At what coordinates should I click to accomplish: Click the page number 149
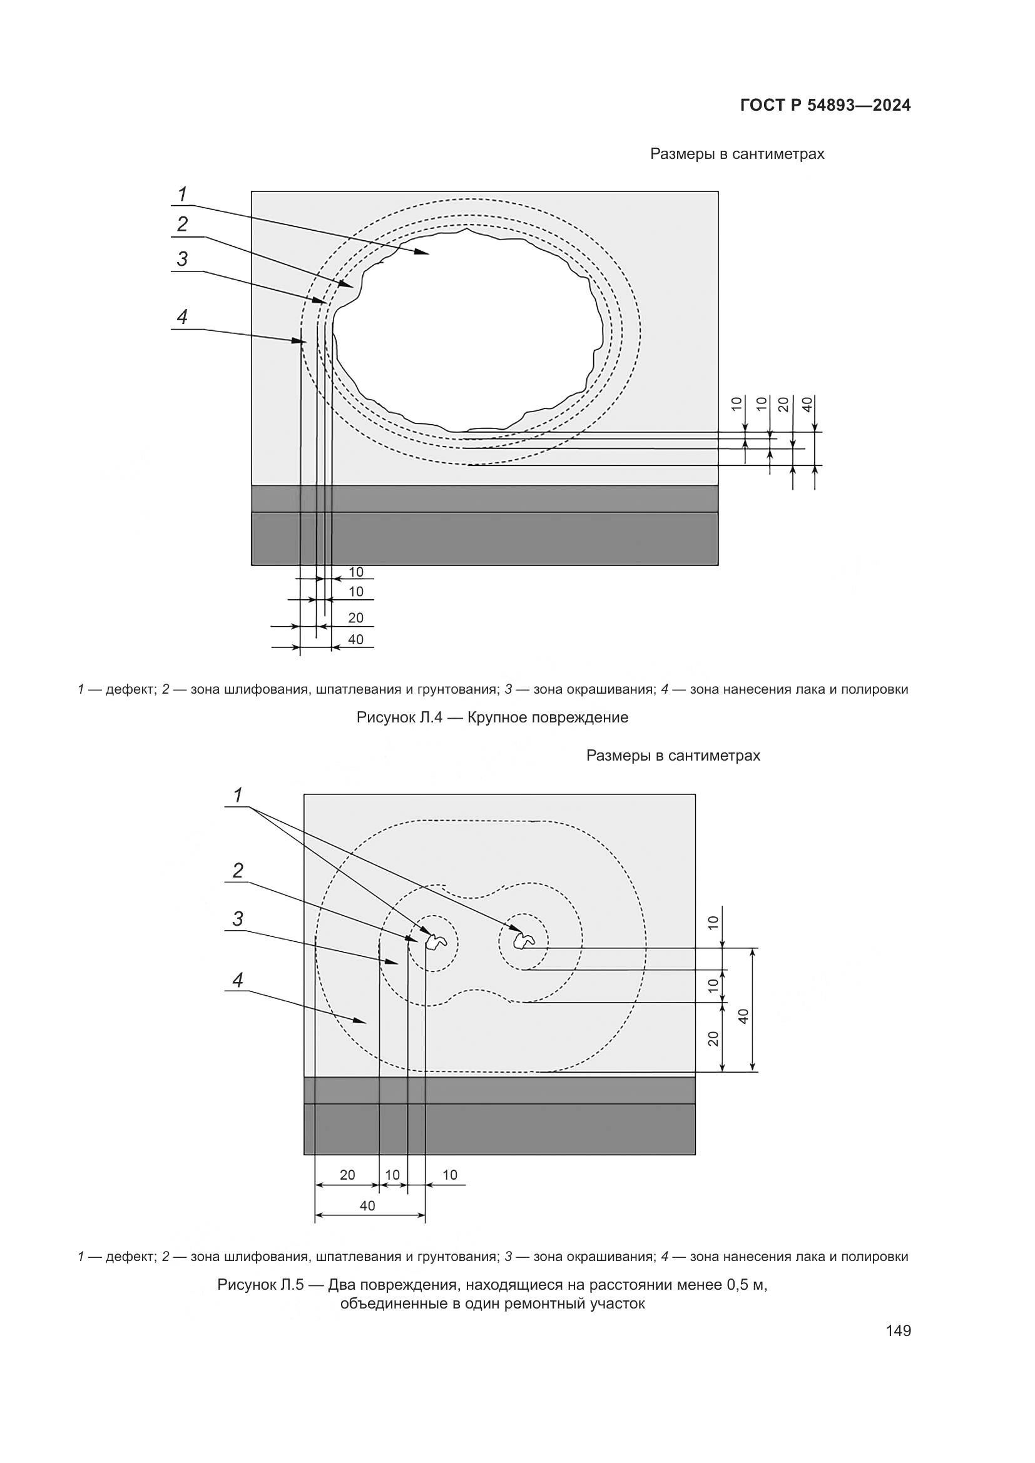click(x=898, y=1330)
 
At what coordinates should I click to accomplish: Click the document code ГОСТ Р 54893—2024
click(x=825, y=106)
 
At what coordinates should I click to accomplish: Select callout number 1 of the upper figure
click(x=183, y=194)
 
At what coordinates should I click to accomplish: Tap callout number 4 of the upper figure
click(x=183, y=316)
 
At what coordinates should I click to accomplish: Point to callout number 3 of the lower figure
click(x=238, y=918)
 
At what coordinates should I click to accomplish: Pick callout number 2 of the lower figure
click(x=238, y=871)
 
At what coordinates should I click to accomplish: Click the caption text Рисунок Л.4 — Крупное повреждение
click(x=492, y=717)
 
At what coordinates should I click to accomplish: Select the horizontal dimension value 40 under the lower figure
click(x=368, y=1205)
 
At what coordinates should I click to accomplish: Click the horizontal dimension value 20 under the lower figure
click(x=347, y=1175)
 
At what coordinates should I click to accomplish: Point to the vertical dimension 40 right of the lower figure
click(x=743, y=1016)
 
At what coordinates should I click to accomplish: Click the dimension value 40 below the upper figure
click(x=355, y=639)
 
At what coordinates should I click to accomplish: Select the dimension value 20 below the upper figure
click(x=355, y=617)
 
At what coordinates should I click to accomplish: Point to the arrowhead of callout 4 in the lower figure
click(x=364, y=1021)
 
